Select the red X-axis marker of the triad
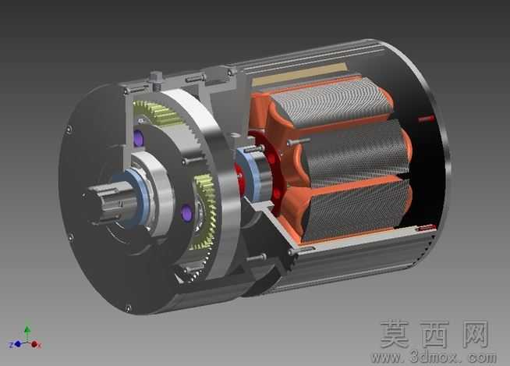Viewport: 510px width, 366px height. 35,344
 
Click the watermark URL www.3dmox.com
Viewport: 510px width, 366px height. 434,357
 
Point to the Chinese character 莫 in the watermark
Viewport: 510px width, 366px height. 395,334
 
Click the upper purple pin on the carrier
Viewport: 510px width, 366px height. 139,137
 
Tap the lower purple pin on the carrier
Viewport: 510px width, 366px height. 186,213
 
